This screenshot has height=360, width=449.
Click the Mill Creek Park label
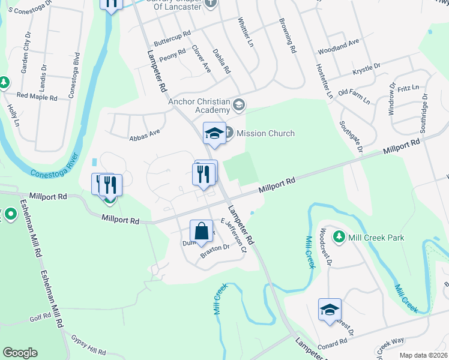tap(377, 238)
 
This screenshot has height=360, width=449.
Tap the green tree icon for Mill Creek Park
tap(339, 237)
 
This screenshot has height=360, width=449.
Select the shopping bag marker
tap(201, 232)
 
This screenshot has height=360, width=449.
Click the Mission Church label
tap(265, 133)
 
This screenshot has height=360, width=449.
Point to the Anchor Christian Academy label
tap(200, 106)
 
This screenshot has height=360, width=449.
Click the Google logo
tap(20, 353)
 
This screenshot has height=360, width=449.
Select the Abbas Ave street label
tap(145, 133)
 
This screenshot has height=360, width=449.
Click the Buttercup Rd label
tap(172, 38)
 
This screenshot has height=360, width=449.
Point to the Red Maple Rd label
tap(37, 96)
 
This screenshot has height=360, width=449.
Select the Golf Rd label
tap(41, 316)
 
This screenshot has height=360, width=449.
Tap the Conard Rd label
tap(334, 341)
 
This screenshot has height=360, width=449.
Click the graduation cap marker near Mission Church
tap(214, 134)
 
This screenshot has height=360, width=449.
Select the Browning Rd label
tap(288, 37)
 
